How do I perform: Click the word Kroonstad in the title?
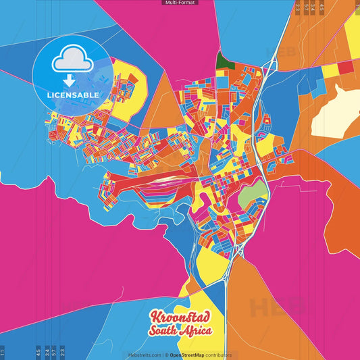(x=180, y=318)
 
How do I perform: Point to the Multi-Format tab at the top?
(x=180, y=3)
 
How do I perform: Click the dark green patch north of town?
(x=223, y=61)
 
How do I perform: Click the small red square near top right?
(x=345, y=67)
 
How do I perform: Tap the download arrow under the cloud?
(x=68, y=80)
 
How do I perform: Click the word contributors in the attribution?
(x=219, y=355)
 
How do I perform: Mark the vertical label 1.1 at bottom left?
(x=3, y=352)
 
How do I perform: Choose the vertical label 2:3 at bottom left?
(x=62, y=352)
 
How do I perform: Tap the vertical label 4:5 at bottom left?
(x=38, y=352)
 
